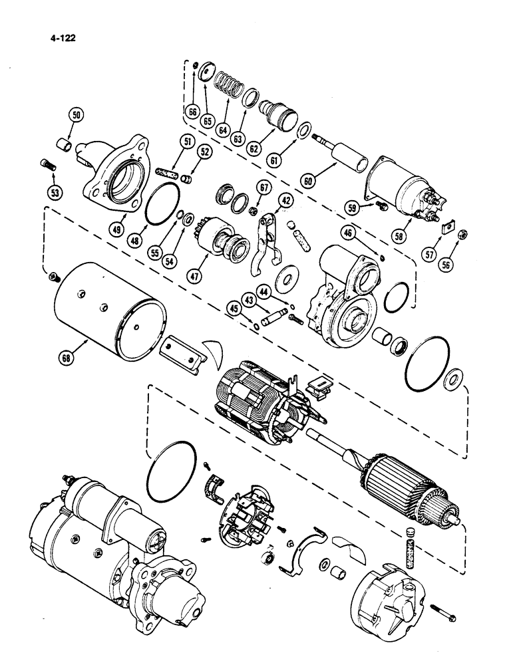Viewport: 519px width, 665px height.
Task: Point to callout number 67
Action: click(x=265, y=189)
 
